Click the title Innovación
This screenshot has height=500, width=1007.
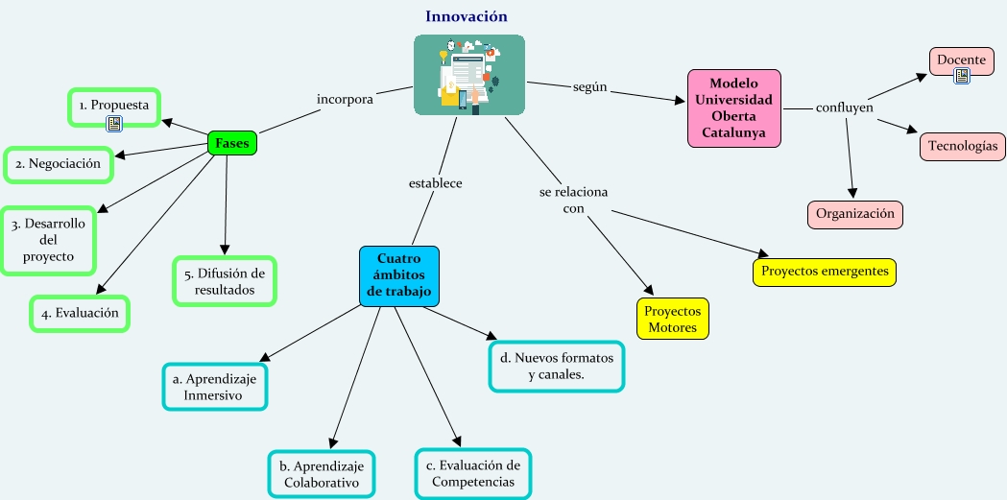click(x=467, y=16)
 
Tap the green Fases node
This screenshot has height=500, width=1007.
click(x=231, y=143)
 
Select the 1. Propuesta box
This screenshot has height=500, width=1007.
click(x=114, y=106)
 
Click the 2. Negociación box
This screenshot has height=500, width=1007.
click(x=58, y=164)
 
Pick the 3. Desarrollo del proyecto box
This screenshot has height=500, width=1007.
click(x=48, y=240)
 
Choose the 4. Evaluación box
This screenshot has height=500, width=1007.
click(x=80, y=313)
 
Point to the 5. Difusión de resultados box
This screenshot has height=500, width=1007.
click(x=225, y=281)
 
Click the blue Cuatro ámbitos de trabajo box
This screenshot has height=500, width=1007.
click(x=398, y=275)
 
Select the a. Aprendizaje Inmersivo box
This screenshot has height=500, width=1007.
click(x=214, y=387)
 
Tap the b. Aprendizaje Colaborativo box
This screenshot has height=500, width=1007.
click(x=322, y=474)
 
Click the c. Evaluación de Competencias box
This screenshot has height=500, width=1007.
click(x=473, y=473)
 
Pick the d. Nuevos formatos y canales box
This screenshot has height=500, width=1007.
click(x=557, y=367)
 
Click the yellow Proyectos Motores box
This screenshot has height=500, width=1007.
click(x=673, y=320)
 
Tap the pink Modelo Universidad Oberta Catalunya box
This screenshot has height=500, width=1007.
click(x=734, y=107)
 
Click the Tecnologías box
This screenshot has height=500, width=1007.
click(x=963, y=147)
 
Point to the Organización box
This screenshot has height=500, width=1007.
click(x=855, y=214)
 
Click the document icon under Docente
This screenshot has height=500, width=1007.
click(x=962, y=76)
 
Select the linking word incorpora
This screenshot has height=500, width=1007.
click(x=345, y=98)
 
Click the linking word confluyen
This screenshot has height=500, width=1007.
click(x=844, y=107)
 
